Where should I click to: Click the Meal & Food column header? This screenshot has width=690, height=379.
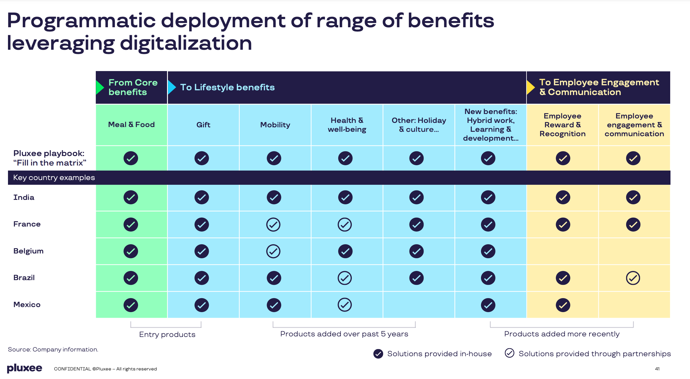[x=131, y=125]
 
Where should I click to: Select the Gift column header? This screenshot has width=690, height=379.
[x=203, y=125]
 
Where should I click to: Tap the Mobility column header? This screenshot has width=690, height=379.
[x=275, y=125]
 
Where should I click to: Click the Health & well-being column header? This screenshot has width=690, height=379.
[x=347, y=125]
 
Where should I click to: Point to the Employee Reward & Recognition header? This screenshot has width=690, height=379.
[x=562, y=125]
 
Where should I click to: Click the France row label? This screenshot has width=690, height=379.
[x=27, y=224]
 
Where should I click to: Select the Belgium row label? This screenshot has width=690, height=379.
[x=28, y=251]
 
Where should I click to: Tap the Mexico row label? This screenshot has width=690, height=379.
[x=27, y=305]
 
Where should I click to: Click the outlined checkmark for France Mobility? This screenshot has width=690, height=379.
[x=273, y=224]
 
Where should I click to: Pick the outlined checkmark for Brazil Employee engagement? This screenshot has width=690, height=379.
[x=633, y=278]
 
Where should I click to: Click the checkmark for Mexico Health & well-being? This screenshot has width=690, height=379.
[x=345, y=305]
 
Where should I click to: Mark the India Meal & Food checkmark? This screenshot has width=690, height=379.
[x=131, y=197]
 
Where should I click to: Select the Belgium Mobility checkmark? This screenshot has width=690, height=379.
[x=273, y=251]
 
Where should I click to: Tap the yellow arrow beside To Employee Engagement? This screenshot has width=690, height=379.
[x=531, y=87]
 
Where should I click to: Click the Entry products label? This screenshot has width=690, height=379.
[x=167, y=335]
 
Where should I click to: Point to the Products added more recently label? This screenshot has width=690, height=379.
[x=562, y=334]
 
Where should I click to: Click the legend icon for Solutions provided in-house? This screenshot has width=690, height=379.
[x=378, y=354]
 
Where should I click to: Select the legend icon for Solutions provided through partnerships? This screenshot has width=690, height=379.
[x=509, y=353]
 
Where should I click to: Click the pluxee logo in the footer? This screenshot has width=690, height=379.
[x=25, y=368]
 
